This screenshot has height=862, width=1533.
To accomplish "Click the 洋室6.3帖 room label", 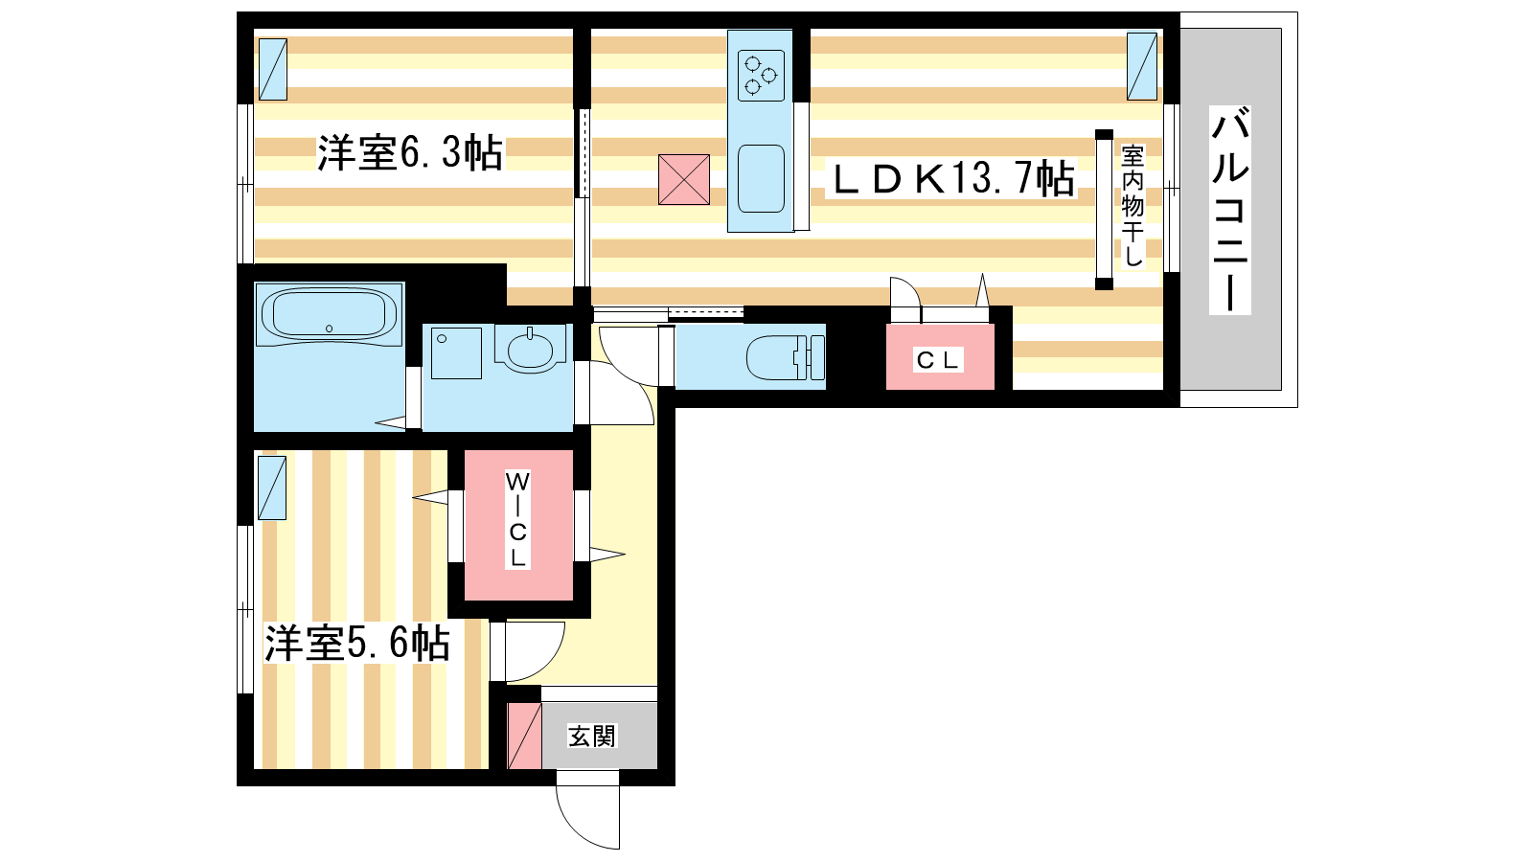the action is tap(409, 152).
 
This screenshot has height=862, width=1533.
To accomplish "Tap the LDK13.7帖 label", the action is tap(952, 178).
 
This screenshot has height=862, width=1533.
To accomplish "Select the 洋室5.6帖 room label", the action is tap(357, 643).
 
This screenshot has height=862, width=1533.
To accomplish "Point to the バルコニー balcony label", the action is tap(1230, 210).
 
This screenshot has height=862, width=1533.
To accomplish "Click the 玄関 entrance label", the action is tap(592, 737).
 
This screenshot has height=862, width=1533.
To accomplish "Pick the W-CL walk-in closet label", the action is tap(517, 519).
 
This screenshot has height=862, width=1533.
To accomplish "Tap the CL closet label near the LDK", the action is tap(939, 360).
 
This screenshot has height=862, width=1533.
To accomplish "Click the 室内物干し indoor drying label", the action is tap(1133, 205).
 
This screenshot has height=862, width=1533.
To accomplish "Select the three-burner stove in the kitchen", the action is tap(761, 76).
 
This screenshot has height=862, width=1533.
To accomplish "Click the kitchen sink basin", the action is tap(761, 178).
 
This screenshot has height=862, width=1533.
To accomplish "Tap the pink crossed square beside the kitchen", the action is tap(684, 179).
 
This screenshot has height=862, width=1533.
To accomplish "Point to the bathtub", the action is tap(330, 313).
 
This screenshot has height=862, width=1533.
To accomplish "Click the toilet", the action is tap(785, 357).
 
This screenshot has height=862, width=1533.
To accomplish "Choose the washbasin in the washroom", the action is tap(529, 349).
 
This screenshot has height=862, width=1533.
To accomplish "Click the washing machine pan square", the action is tap(456, 353).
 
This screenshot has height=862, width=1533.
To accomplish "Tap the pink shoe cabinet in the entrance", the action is tap(524, 736).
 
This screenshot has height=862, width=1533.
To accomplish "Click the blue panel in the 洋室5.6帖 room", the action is tap(272, 488).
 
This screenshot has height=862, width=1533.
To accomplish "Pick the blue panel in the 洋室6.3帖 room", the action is tap(272, 69).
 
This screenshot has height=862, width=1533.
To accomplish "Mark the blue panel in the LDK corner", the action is tap(1141, 66).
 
